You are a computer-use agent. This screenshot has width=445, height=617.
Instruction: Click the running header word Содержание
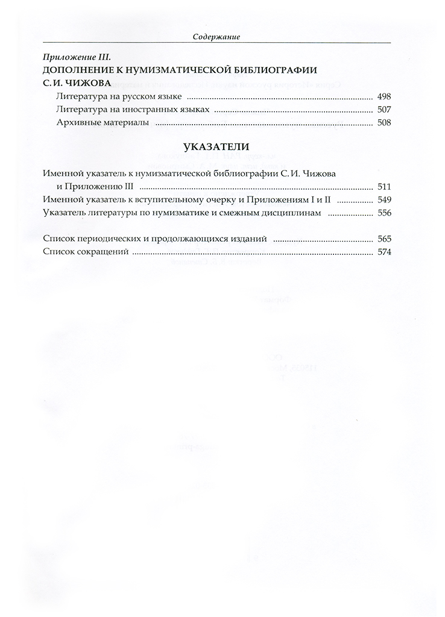click(217, 37)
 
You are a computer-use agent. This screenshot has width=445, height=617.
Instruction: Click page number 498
click(383, 96)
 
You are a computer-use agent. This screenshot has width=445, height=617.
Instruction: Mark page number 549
click(383, 199)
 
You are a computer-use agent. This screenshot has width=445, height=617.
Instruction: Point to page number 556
click(383, 213)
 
